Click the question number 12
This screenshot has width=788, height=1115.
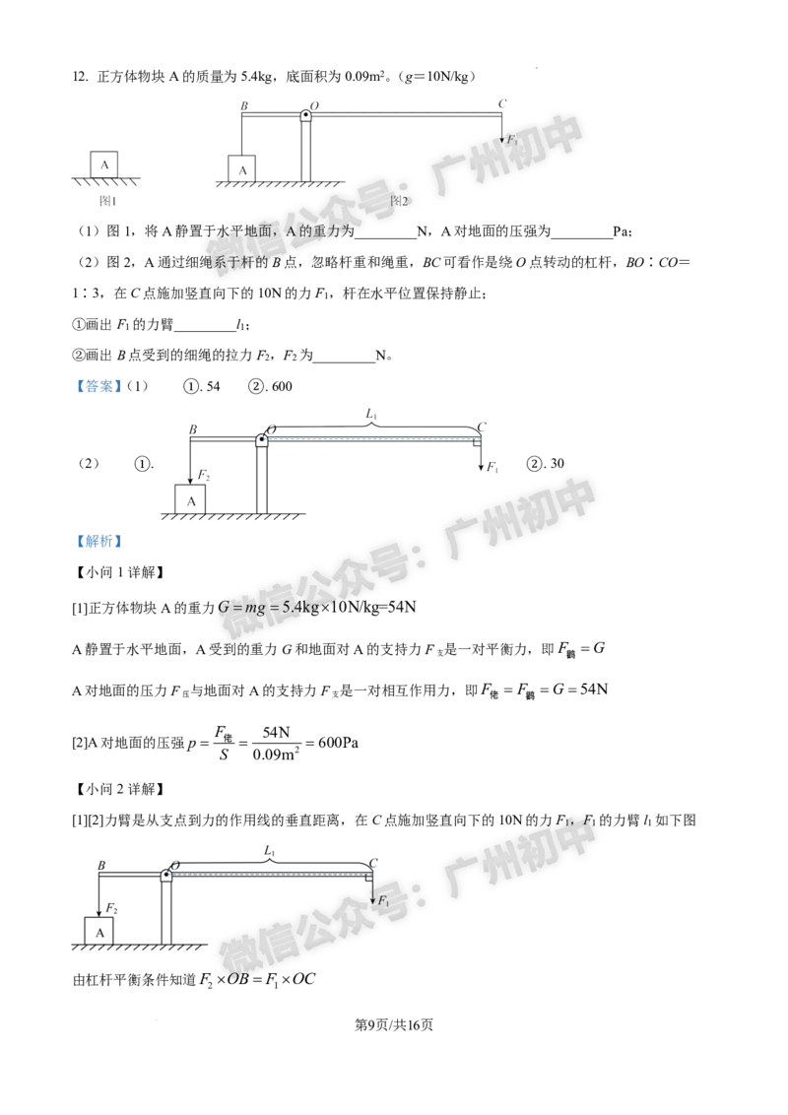pos(80,77)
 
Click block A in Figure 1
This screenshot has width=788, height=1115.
pos(103,164)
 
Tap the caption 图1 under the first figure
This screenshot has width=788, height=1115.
pos(107,201)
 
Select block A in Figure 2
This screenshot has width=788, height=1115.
pos(241,170)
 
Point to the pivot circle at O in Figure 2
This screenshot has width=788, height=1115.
pos(305,115)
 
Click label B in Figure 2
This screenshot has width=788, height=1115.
pos(244,106)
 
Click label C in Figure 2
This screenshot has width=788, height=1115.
pos(502,103)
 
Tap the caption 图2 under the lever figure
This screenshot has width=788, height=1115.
pos(400,201)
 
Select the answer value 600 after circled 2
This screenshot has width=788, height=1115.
pos(282,387)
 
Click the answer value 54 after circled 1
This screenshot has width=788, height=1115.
pos(214,387)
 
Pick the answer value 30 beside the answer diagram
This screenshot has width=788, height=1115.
pos(557,464)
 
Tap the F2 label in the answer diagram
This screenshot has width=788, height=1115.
pos(203,475)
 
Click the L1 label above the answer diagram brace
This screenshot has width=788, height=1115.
pos(371,414)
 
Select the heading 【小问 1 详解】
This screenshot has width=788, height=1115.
pos(119,572)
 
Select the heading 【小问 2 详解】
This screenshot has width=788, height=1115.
pos(119,789)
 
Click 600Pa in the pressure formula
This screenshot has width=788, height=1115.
pos(339,743)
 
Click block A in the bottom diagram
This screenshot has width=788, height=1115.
pos(98,932)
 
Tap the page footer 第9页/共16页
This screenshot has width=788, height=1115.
pos(394,1024)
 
